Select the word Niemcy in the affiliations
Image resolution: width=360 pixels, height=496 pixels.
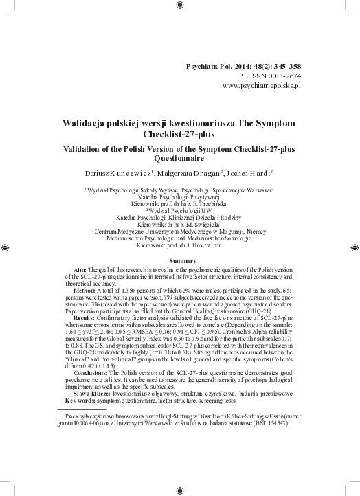257,232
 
